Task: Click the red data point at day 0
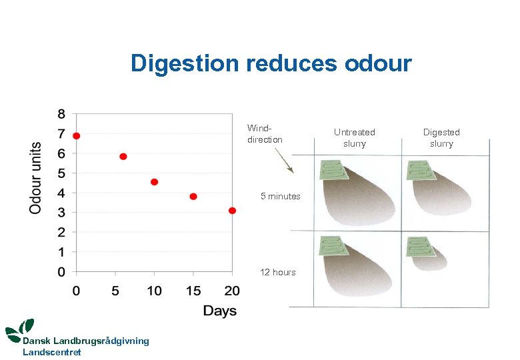coord(77,136)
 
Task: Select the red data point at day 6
coord(123,157)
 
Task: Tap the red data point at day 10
coord(154,182)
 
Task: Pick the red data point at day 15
coord(193,197)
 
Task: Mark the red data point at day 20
coord(232,211)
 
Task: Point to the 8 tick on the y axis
coord(61,114)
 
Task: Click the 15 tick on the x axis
coord(193,291)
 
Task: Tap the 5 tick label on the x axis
coord(115,291)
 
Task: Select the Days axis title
coord(219,311)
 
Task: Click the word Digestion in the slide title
coord(185,63)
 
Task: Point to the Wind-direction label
coord(265,134)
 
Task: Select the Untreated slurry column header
coord(354,138)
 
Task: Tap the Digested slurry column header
coord(441,138)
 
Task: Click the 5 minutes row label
coord(280,196)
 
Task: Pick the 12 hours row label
coord(278,272)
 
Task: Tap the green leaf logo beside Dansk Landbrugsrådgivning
coord(19,329)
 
